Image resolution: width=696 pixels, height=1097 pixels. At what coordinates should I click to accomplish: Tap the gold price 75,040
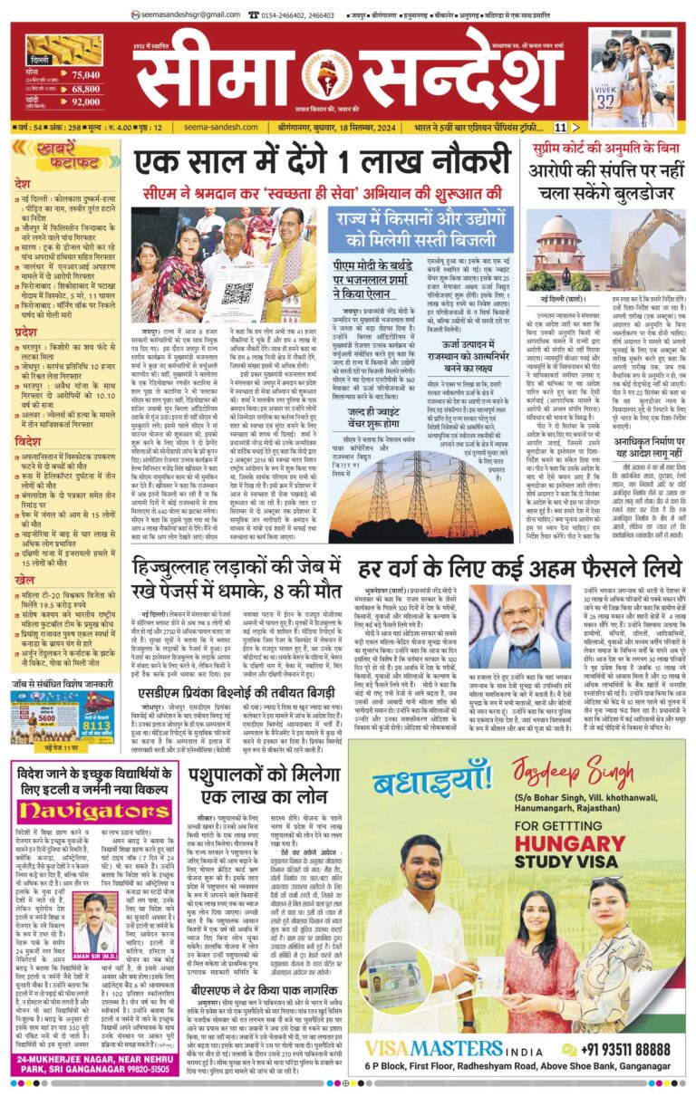pyautogui.click(x=85, y=74)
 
